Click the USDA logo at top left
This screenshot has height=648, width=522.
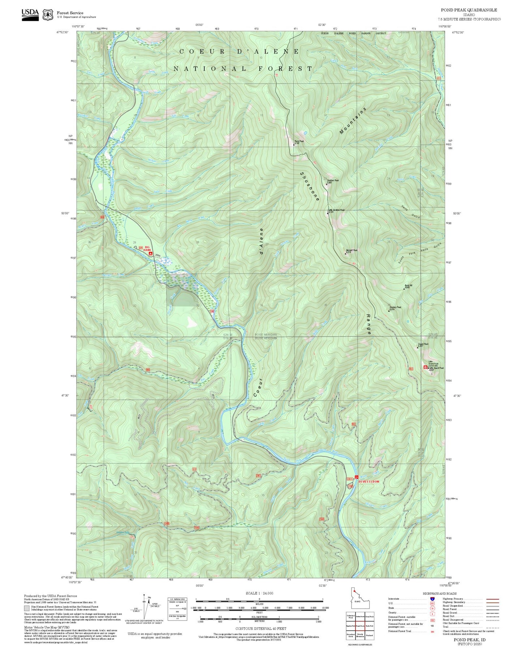[x=30, y=14]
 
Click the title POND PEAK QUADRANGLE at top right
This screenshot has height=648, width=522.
[x=469, y=10]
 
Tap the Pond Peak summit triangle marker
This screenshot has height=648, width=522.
[x=294, y=144]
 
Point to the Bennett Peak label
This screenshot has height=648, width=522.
[x=351, y=250]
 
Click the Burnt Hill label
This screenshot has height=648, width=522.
[x=408, y=286]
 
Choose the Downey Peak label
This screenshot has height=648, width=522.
[x=395, y=307]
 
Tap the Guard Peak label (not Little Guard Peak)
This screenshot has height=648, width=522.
[x=423, y=344]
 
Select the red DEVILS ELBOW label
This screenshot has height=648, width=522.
[x=369, y=481]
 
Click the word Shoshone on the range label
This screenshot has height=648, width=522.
[x=310, y=186]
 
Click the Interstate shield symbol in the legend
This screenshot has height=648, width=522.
[x=432, y=599]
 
